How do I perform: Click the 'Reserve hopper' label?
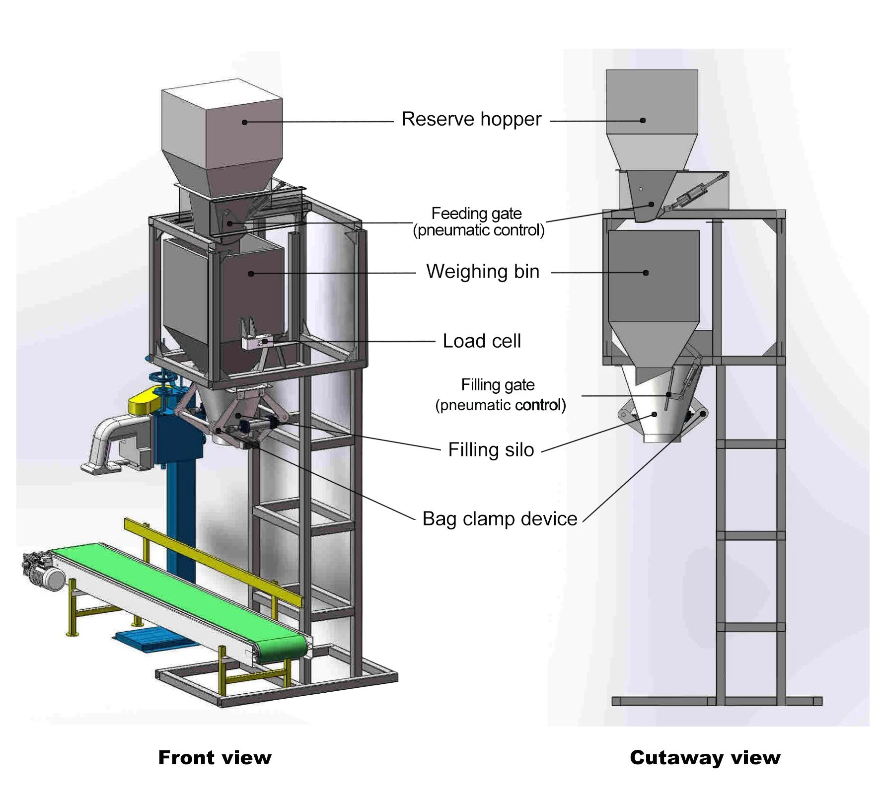(471, 120)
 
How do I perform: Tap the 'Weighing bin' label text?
(483, 272)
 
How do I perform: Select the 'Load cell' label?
(482, 341)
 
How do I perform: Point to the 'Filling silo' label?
(491, 450)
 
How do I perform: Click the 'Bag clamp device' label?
(500, 519)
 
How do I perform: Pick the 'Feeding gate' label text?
(476, 214)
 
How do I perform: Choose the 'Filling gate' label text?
(498, 385)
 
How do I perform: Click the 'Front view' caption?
(215, 758)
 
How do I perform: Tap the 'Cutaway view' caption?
(705, 758)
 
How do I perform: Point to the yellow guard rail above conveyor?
(212, 561)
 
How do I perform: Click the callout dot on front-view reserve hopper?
(244, 122)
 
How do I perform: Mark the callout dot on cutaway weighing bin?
(646, 273)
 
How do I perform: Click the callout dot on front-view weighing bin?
(251, 274)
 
